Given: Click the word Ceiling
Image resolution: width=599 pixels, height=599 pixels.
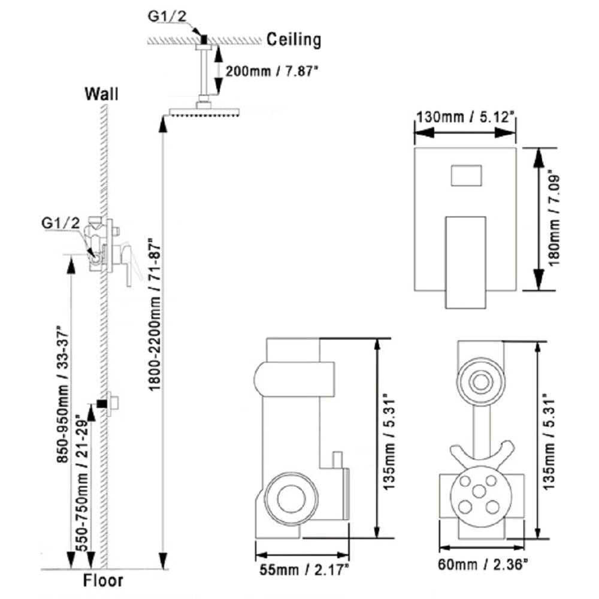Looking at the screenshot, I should tap(294, 40).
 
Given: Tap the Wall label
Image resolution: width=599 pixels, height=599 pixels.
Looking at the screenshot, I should tap(101, 94).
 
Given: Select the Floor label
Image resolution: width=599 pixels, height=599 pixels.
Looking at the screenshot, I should tap(102, 580).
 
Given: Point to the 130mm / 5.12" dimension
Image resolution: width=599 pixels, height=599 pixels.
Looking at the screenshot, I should tap(465, 117).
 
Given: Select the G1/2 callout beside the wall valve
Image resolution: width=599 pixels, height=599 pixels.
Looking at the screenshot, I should tap(60, 223).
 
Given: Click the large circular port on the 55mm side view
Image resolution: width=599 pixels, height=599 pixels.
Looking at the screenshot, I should tap(289, 497).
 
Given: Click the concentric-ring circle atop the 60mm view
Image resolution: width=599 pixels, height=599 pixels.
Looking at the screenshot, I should tap(479, 381).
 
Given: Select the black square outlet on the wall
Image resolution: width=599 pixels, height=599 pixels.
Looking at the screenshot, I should tap(102, 404).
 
